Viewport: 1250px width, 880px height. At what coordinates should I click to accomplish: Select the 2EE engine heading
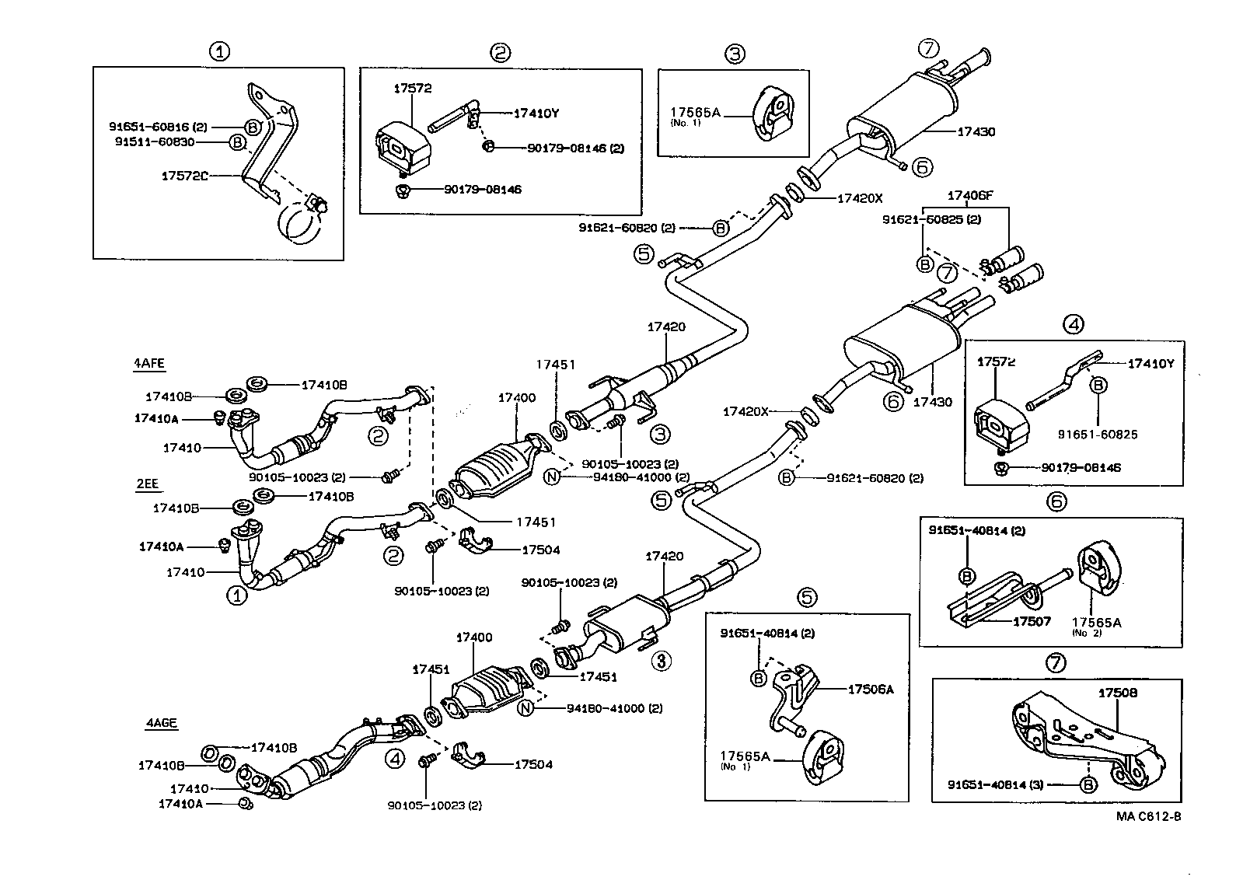tap(147, 484)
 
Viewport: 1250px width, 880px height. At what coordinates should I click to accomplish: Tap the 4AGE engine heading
tap(161, 723)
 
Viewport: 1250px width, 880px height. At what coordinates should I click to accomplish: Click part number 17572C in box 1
tap(185, 176)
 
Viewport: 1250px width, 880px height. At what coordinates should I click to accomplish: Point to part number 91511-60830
tap(155, 142)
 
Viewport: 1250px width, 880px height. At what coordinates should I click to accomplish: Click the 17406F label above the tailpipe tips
tap(969, 195)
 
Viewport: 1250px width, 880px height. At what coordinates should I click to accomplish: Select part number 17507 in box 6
tap(1031, 621)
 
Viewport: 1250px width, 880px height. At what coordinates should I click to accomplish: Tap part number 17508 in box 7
tap(1117, 692)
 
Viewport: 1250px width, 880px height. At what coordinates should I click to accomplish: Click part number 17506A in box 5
tap(870, 689)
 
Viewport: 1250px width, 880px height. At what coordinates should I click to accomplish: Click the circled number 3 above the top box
tap(735, 54)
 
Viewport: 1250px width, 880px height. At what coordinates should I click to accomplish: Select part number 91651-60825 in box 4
tap(1097, 434)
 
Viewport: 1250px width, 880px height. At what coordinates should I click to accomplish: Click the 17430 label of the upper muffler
tap(975, 132)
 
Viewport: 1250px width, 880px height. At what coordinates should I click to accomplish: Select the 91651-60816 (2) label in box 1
tap(159, 126)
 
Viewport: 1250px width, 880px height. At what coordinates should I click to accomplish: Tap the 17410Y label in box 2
tap(536, 113)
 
